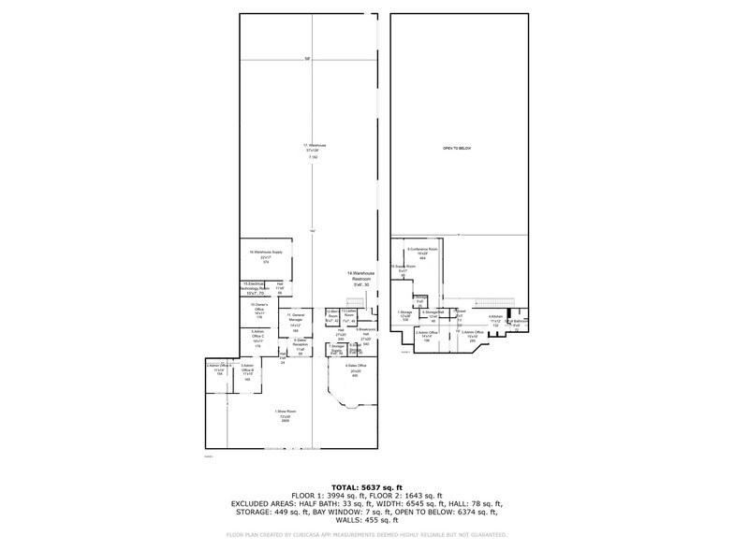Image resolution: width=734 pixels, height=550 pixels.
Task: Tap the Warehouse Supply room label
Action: [x=266, y=256]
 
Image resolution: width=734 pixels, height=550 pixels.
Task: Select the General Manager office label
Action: [x=295, y=322]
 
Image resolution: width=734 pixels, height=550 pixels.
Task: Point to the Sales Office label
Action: [x=354, y=369]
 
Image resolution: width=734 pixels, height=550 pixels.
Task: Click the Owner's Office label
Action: [x=257, y=308]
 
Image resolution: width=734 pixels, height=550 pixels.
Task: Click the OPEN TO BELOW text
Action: [x=456, y=149]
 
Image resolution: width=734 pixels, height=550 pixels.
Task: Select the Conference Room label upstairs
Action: [x=422, y=253]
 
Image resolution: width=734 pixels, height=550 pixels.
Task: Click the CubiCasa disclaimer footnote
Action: [x=366, y=534]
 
